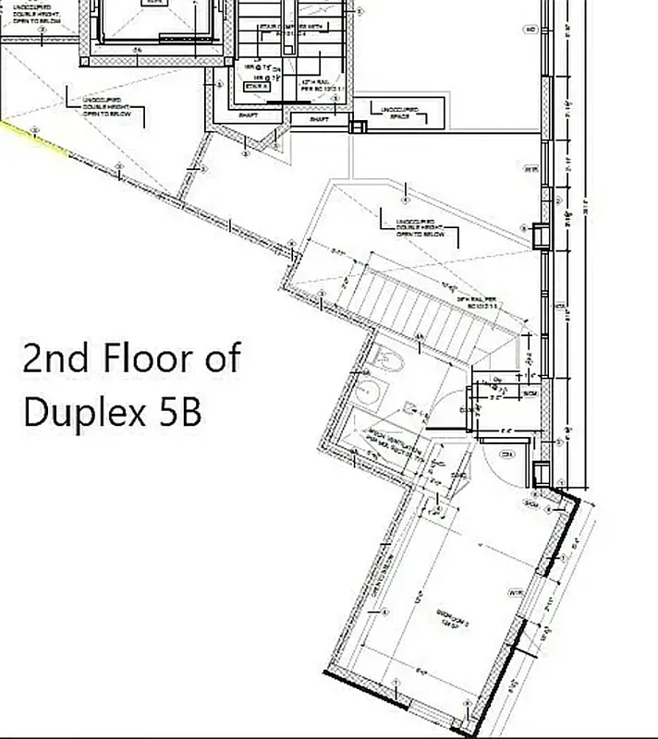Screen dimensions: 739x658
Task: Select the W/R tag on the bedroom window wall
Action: [514, 591]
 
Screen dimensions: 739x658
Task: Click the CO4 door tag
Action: [506, 454]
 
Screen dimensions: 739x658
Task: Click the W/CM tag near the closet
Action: [530, 394]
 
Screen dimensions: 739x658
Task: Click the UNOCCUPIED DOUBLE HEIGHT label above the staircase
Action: [420, 227]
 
